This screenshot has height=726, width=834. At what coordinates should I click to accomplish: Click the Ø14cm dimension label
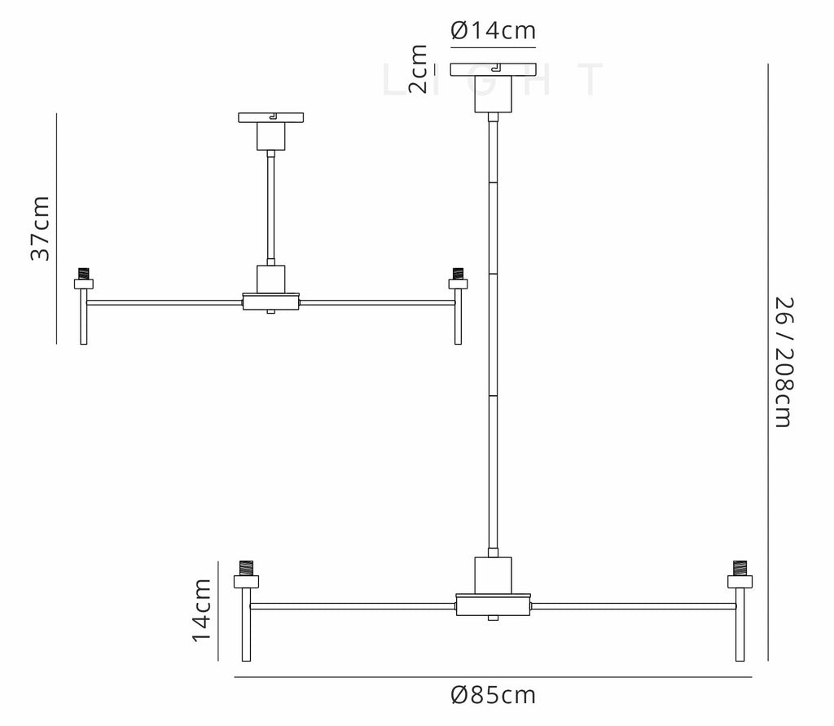[493, 31]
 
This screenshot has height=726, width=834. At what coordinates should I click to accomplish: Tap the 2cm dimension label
[417, 69]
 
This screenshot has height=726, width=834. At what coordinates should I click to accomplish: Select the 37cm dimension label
[40, 228]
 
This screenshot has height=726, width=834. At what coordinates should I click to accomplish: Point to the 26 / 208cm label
[784, 361]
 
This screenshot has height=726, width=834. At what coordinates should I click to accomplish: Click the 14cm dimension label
[201, 609]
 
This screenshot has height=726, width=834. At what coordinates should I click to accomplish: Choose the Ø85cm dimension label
[493, 695]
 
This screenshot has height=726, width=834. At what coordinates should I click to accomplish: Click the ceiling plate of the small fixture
[271, 118]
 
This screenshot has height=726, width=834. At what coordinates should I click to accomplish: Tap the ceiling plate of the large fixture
[493, 70]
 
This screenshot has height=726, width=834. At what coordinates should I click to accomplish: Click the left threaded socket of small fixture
[83, 273]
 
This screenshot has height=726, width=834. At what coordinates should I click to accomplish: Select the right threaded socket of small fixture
[458, 273]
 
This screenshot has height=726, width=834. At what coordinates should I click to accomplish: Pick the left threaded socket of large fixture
[245, 567]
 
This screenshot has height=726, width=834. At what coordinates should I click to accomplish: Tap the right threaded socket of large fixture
[740, 567]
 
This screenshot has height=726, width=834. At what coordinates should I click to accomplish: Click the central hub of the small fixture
[271, 301]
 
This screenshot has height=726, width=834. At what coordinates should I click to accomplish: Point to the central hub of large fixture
[493, 605]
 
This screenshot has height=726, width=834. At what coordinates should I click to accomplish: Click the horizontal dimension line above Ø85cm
[493, 677]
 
